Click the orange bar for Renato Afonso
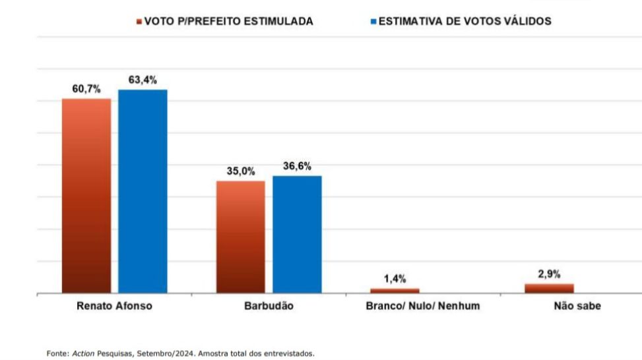pyautogui.click(x=86, y=195)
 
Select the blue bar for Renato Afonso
pyautogui.click(x=143, y=191)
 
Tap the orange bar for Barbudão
pyautogui.click(x=241, y=237)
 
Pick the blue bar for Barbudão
pyautogui.click(x=297, y=234)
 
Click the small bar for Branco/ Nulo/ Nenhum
pyautogui.click(x=395, y=290)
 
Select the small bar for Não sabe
pyautogui.click(x=549, y=288)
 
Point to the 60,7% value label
pyautogui.click(x=86, y=89)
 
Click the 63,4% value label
pyautogui.click(x=143, y=80)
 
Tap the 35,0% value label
pyautogui.click(x=241, y=171)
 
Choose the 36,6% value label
pyautogui.click(x=297, y=166)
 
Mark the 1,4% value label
pyautogui.click(x=395, y=279)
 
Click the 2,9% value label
pyautogui.click(x=549, y=274)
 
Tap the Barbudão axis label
pyautogui.click(x=269, y=307)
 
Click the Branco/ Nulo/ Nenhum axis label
pyautogui.click(x=423, y=307)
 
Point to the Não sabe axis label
pyautogui.click(x=577, y=307)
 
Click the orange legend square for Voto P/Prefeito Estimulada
pyautogui.click(x=139, y=22)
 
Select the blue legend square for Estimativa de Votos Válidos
pyautogui.click(x=373, y=22)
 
